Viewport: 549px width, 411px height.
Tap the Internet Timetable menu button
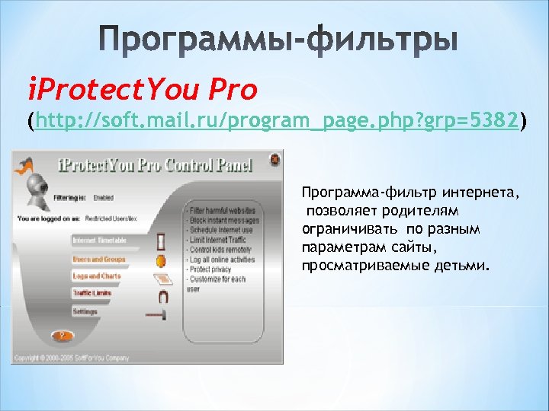(x=100, y=240)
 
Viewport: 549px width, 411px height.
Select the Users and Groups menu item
(x=98, y=259)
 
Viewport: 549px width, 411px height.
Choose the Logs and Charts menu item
(x=97, y=276)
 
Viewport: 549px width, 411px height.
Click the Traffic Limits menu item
(x=92, y=293)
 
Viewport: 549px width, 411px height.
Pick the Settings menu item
(x=85, y=311)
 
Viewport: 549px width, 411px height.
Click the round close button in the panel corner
(x=271, y=160)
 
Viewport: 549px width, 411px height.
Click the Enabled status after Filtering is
(x=104, y=198)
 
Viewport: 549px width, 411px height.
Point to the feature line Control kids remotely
(x=221, y=250)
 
